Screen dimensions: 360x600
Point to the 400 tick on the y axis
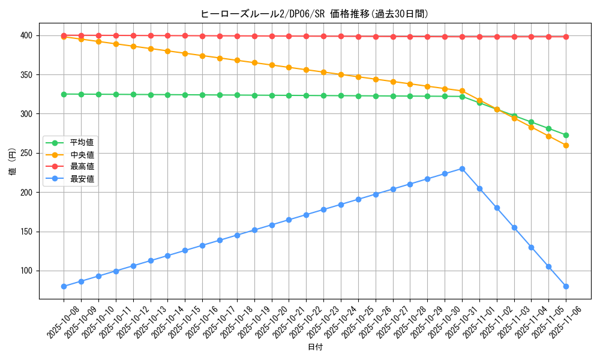[27, 35]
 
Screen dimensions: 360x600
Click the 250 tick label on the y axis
[27, 153]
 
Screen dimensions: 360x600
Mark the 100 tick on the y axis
[27, 271]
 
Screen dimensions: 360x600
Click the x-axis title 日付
[315, 347]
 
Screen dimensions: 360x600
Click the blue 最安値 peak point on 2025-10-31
[462, 169]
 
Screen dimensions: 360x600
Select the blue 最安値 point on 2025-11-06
[566, 286]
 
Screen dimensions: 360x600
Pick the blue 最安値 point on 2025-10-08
[64, 286]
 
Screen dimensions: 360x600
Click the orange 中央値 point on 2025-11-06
[566, 145]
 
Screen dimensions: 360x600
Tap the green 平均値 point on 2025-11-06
[566, 135]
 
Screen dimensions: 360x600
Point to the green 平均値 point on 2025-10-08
[64, 94]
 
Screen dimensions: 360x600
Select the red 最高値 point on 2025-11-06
[566, 37]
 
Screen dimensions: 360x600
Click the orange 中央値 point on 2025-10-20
[272, 65]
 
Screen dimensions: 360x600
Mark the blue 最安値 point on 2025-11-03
[514, 227]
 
